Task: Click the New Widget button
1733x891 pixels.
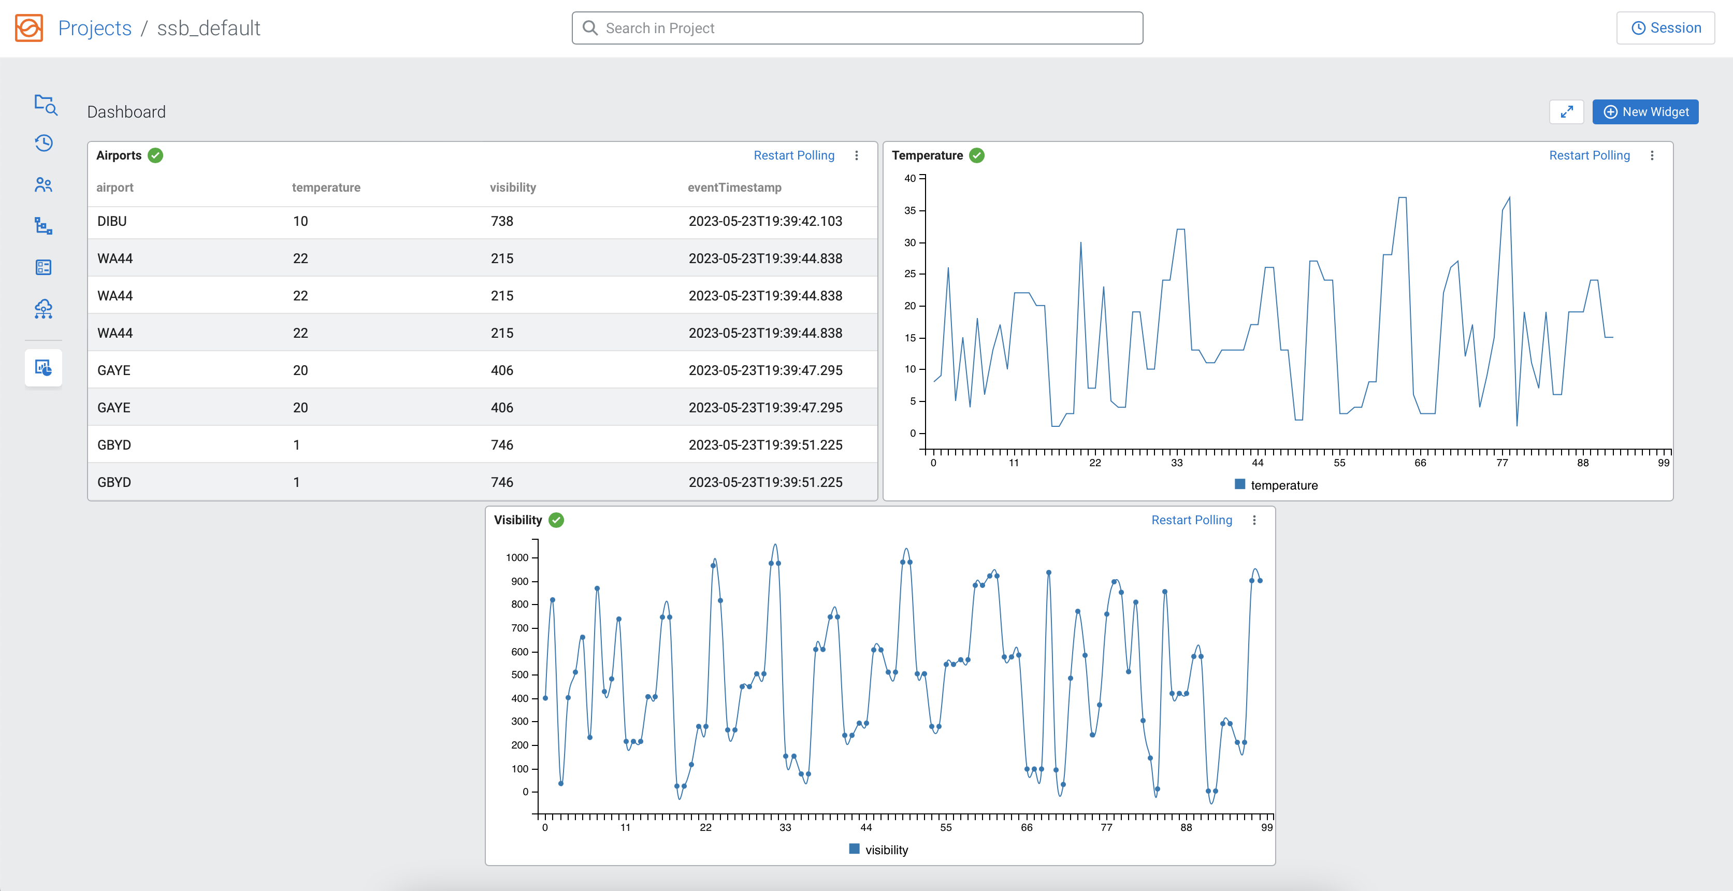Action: (x=1645, y=112)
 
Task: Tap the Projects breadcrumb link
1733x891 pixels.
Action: (x=95, y=28)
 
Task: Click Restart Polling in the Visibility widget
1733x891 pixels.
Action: (x=1191, y=520)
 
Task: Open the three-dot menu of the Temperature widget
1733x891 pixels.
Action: (x=1652, y=155)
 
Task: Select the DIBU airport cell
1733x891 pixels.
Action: (x=112, y=221)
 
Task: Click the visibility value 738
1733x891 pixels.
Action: (x=501, y=221)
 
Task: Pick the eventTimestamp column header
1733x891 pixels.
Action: (x=734, y=188)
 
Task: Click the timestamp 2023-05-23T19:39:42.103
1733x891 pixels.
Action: (x=765, y=221)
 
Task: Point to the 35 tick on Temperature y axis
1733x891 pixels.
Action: (x=909, y=211)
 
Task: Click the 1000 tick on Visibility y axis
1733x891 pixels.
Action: (x=517, y=558)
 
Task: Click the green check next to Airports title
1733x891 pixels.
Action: (x=155, y=155)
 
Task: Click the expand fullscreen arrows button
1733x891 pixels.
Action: (x=1566, y=112)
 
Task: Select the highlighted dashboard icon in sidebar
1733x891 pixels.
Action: (x=44, y=367)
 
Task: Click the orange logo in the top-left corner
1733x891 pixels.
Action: (x=29, y=28)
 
